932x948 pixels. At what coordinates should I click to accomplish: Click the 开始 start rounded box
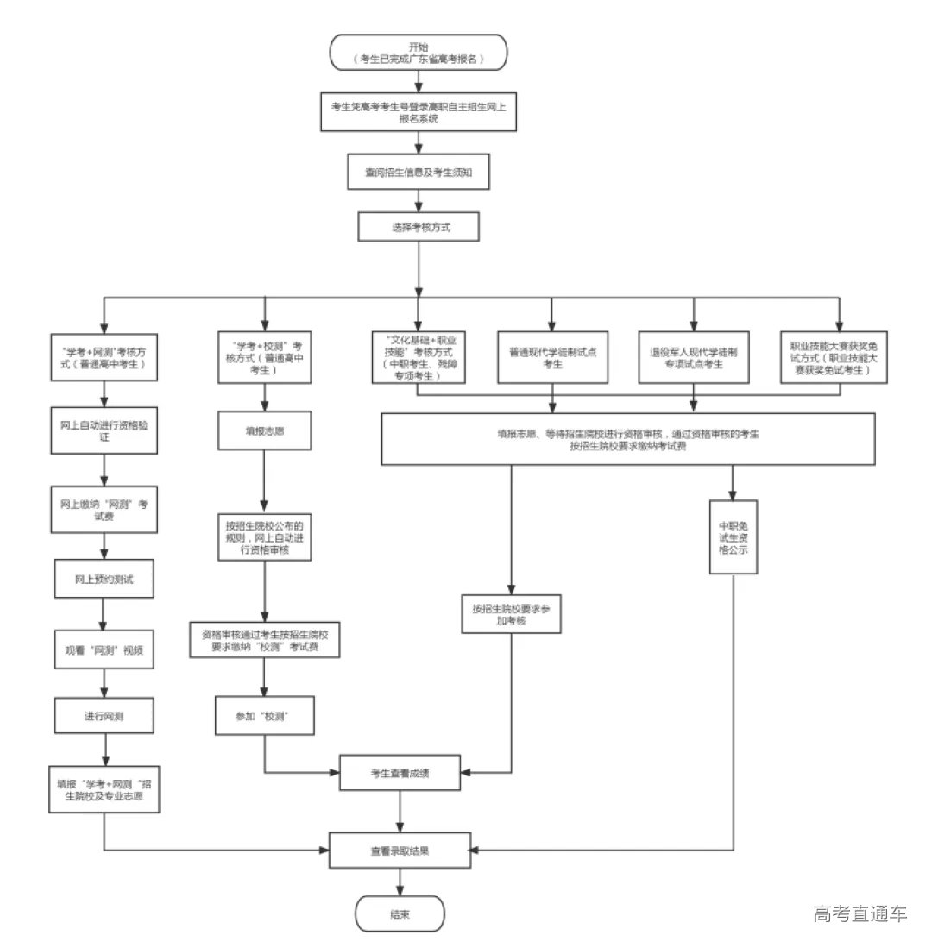419,53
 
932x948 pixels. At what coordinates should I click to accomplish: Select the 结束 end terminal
400,915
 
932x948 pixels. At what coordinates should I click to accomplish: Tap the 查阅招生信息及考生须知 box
419,173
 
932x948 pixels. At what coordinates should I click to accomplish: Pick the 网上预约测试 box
104,579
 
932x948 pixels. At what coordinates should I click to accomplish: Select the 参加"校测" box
264,717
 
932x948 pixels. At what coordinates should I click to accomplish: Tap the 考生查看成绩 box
400,773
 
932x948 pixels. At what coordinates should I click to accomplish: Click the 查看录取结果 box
400,851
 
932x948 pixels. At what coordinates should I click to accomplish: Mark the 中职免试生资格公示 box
734,537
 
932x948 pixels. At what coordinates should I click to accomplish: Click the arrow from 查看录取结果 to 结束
400,882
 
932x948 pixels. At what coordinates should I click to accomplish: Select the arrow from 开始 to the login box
419,81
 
